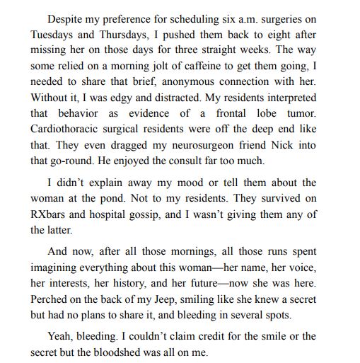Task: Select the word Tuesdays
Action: click(x=54, y=35)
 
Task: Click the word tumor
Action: click(x=301, y=114)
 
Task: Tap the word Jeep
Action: click(x=170, y=299)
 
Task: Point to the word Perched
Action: click(x=52, y=299)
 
